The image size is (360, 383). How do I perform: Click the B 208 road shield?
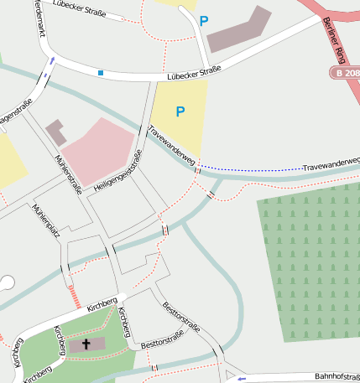(343, 75)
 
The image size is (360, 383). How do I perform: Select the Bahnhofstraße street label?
(336, 377)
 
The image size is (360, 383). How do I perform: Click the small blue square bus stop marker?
(101, 73)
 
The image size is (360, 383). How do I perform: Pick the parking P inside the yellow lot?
(179, 111)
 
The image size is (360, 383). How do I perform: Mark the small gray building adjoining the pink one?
(56, 131)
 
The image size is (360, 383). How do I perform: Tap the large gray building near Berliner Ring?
(239, 30)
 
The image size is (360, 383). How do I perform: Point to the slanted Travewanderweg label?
(172, 145)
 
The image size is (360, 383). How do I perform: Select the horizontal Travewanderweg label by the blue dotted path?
(331, 164)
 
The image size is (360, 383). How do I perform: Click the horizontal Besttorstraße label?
(162, 340)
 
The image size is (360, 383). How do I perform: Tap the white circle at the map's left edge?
(7, 282)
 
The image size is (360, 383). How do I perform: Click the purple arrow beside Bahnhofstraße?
(242, 379)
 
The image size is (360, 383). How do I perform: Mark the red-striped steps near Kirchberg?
(74, 296)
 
